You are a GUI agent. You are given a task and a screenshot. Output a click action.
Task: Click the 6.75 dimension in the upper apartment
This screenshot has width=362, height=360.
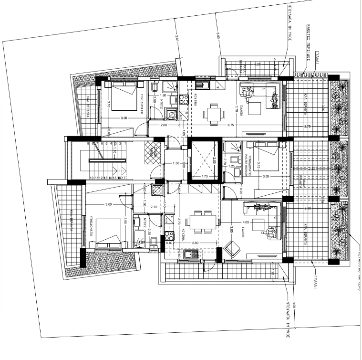[231, 125]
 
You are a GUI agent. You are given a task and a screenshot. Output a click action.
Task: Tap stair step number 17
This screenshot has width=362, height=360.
[124, 178]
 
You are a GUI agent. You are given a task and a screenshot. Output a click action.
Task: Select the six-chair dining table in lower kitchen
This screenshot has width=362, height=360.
[201, 221]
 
